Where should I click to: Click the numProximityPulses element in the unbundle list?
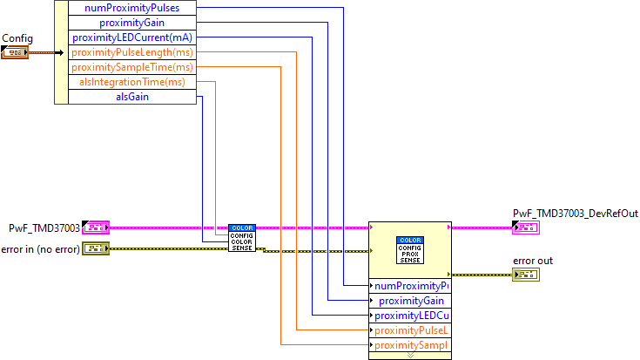132,8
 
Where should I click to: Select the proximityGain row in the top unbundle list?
132,23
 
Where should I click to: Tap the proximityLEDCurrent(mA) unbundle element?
132,37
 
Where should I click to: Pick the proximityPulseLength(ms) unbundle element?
132,52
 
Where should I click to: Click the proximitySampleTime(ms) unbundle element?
132,67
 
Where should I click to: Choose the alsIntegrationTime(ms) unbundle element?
132,82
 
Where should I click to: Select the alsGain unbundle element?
132,97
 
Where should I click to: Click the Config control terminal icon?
15,53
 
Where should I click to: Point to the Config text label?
17,38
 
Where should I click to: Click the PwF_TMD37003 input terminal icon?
95,228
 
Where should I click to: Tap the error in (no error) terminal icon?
95,249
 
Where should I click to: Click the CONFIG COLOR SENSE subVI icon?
242,238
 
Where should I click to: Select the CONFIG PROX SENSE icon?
410,249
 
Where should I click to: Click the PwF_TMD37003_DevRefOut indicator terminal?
526,228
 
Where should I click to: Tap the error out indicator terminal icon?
526,275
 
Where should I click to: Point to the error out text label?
532,261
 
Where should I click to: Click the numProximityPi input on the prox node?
410,286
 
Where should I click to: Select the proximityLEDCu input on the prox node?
410,316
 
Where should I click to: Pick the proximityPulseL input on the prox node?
410,330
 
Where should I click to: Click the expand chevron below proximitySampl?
410,356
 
